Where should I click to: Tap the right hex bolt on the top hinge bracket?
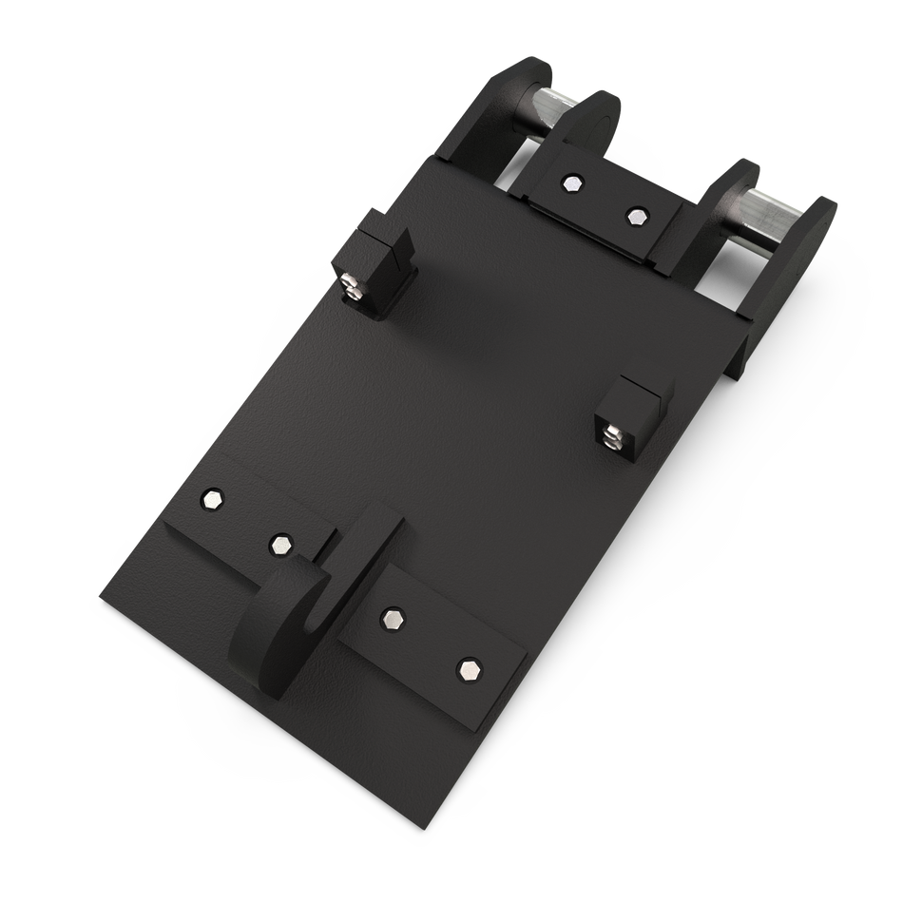(635, 215)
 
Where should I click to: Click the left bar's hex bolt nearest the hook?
(280, 544)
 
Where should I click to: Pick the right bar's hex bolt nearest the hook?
(392, 619)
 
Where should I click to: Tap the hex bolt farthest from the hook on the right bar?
(468, 669)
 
